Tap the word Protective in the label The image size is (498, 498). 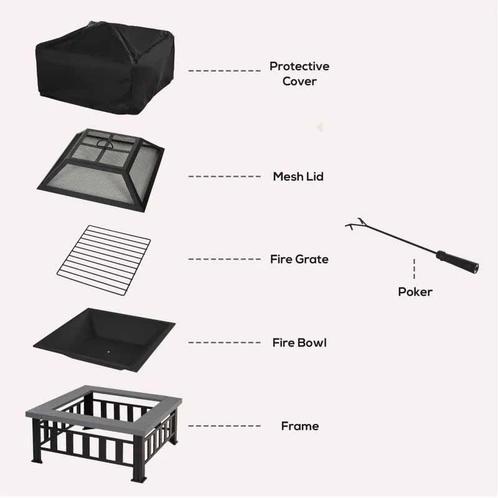(299, 66)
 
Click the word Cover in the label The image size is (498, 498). (299, 82)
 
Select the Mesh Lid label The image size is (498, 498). (298, 177)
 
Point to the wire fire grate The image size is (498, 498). (104, 260)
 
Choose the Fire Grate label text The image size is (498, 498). (299, 259)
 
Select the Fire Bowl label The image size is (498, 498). (299, 342)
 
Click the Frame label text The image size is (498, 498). (299, 426)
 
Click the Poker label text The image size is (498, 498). (415, 291)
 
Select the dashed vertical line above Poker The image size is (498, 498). (415, 268)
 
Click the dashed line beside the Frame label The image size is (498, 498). (224, 426)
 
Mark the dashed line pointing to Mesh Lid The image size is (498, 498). (224, 177)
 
